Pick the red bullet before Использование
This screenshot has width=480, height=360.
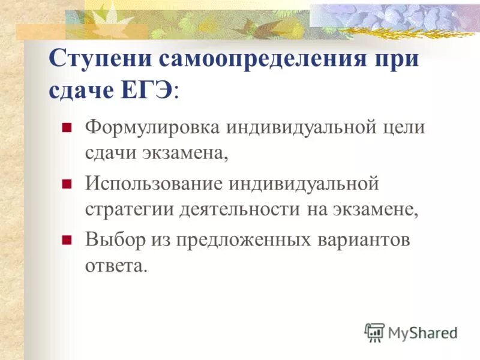point(67,182)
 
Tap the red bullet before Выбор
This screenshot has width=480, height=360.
point(67,238)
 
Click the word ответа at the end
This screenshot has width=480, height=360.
point(115,266)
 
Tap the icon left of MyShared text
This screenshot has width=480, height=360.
point(374,331)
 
